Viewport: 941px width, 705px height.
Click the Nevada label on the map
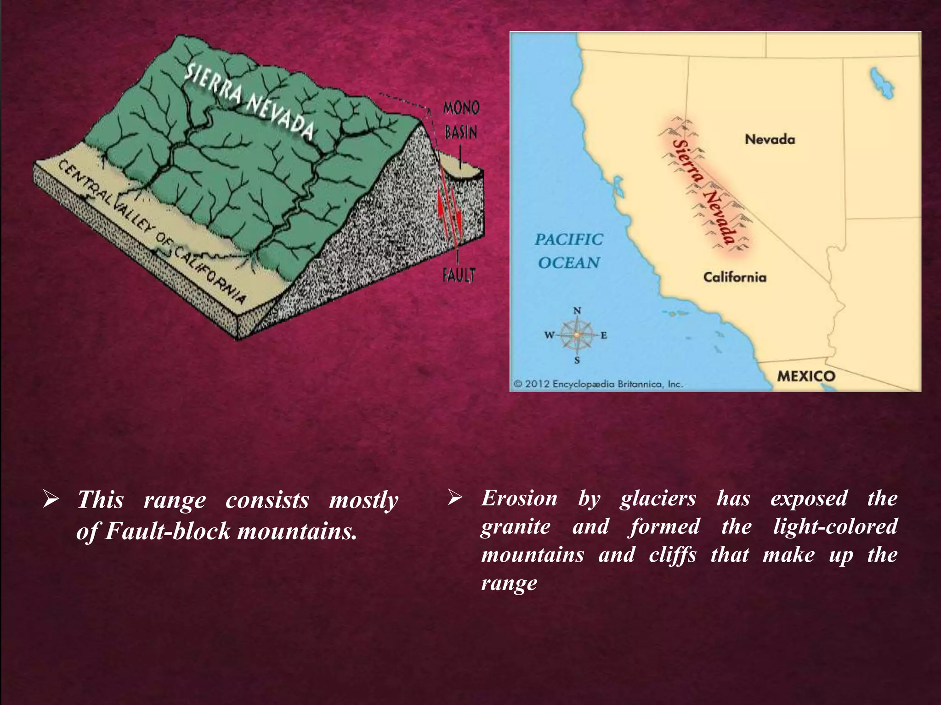point(770,139)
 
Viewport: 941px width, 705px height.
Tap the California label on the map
point(735,277)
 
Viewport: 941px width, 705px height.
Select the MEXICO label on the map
point(806,376)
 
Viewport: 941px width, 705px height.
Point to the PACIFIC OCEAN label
point(569,251)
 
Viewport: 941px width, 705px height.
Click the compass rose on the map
point(577,335)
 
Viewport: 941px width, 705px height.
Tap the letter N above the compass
point(578,311)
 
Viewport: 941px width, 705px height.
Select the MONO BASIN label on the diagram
point(460,120)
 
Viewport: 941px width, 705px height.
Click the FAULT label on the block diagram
point(458,275)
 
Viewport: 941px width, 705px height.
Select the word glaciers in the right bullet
point(658,499)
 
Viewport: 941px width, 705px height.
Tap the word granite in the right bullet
point(515,527)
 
